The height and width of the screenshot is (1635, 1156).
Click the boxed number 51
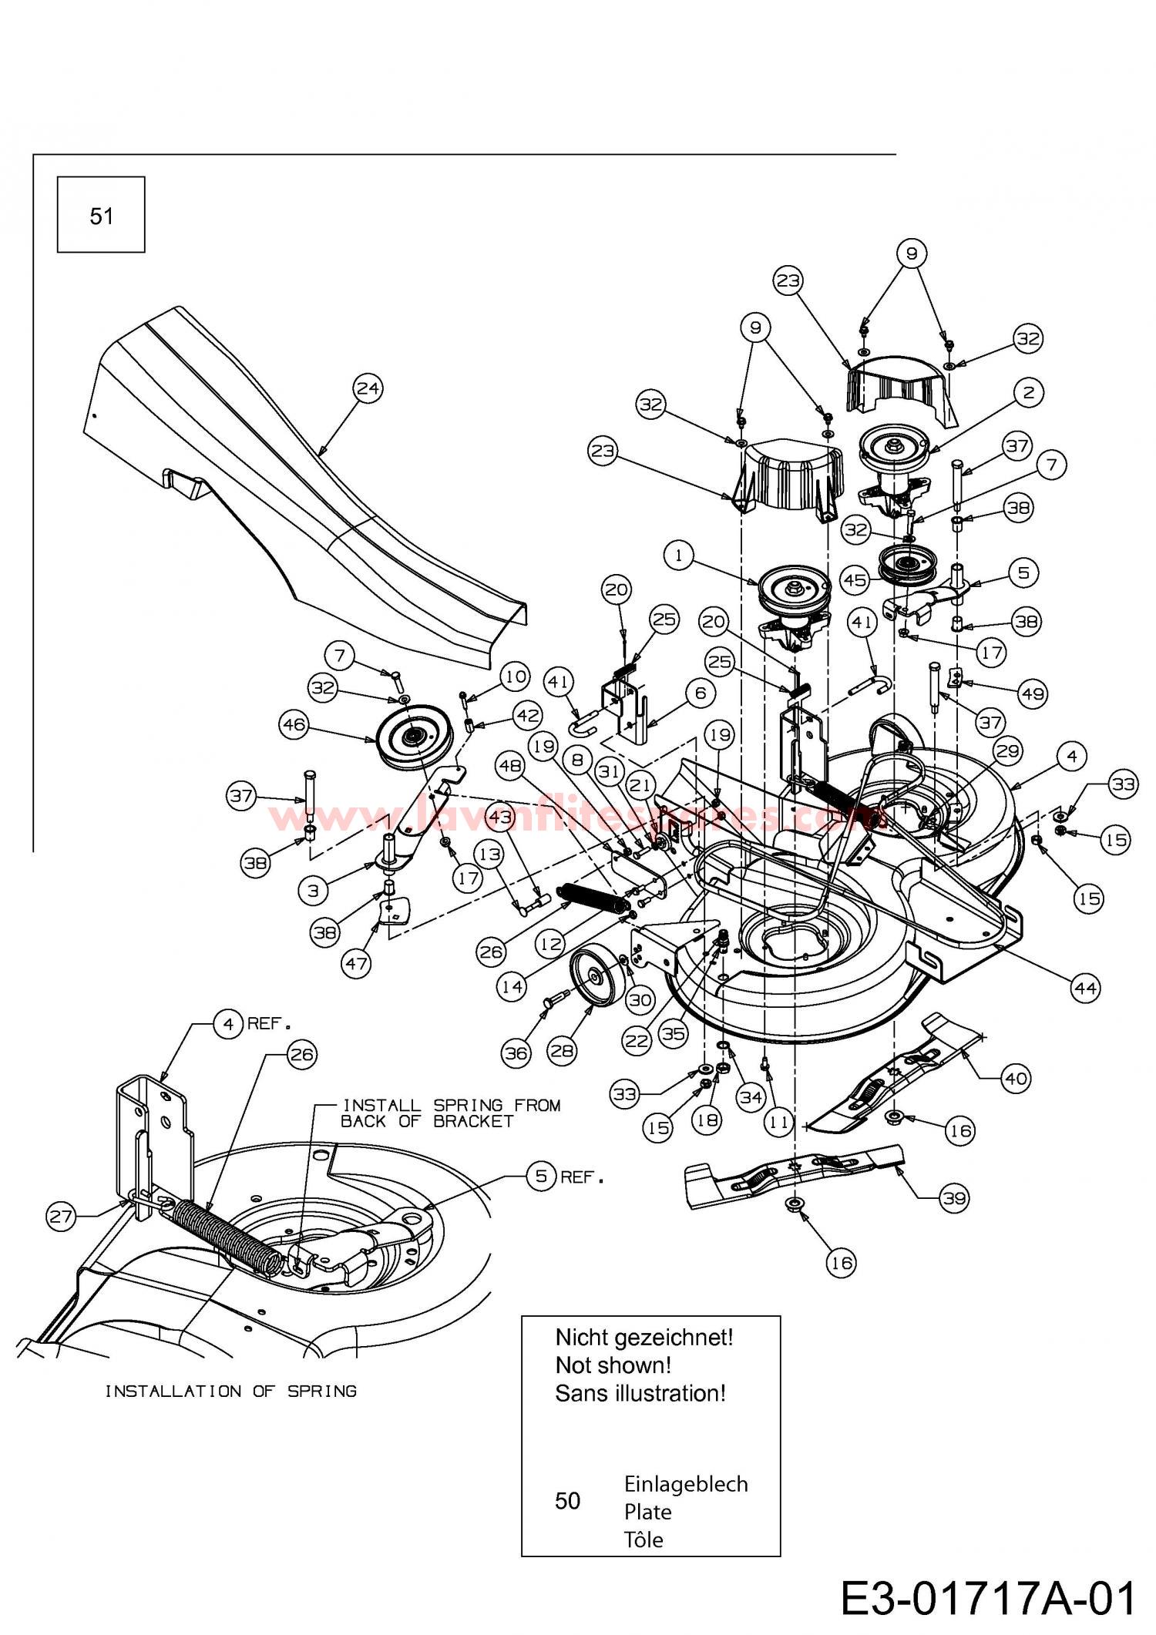(x=101, y=216)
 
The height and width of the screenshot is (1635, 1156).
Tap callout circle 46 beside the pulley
(x=294, y=724)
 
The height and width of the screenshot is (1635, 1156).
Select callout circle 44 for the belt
(x=1085, y=987)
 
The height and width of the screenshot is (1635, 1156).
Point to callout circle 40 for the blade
(x=1016, y=1077)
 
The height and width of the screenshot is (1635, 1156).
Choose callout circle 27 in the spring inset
(x=61, y=1217)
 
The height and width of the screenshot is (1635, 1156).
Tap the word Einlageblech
(x=686, y=1483)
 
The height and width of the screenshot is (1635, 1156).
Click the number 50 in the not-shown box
(x=567, y=1500)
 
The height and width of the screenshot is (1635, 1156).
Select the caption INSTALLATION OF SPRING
(x=230, y=1391)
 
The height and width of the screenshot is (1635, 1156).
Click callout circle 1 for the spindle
(x=678, y=555)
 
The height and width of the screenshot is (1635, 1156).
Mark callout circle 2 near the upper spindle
(x=1028, y=392)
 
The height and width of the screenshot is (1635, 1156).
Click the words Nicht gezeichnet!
(x=644, y=1337)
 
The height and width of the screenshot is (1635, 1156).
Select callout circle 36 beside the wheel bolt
(x=516, y=1053)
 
